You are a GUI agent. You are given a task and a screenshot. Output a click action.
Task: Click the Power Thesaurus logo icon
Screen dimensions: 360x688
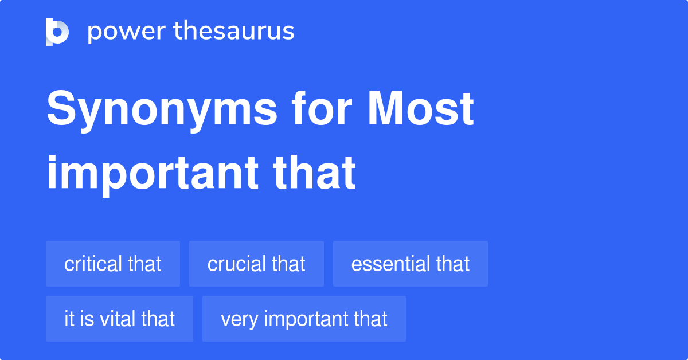[x=57, y=32]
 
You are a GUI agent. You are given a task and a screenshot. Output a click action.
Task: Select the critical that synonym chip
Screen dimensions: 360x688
[x=113, y=264]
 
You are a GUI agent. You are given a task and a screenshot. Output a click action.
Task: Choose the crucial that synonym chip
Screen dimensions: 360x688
[x=256, y=264]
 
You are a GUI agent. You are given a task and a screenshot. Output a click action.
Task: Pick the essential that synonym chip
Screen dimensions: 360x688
[x=411, y=264]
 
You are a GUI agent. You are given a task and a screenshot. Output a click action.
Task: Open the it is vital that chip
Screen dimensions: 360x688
[x=119, y=319]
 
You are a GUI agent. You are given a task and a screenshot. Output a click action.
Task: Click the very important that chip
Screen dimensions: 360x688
[x=304, y=319]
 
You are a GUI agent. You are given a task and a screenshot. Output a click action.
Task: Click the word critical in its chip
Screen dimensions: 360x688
[x=93, y=264]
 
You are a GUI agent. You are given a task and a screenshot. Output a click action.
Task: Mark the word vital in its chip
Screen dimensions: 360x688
[x=118, y=319]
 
